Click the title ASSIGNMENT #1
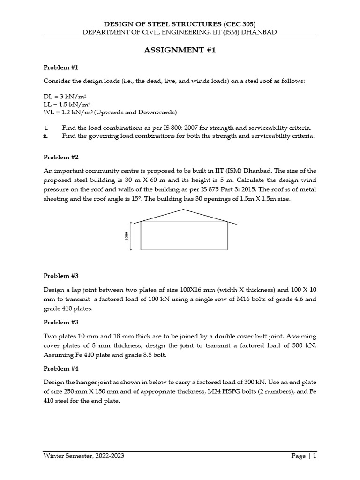(x=180, y=51)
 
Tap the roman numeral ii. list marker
(x=45, y=136)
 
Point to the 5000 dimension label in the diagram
(x=127, y=236)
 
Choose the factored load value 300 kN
(x=245, y=382)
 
